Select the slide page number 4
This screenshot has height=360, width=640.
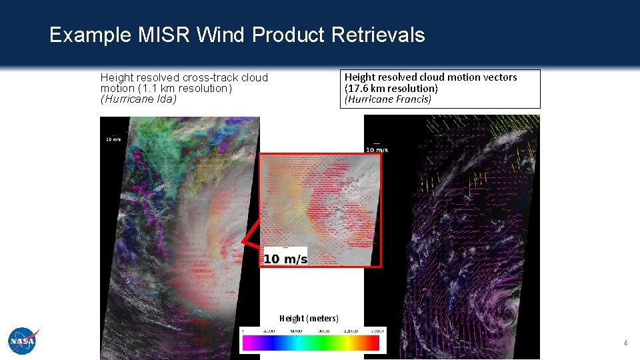pyautogui.click(x=625, y=343)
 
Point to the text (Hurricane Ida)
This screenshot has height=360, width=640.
pyautogui.click(x=138, y=99)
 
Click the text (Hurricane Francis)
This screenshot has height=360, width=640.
pyautogui.click(x=387, y=99)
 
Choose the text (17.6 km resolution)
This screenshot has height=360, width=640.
pyautogui.click(x=391, y=88)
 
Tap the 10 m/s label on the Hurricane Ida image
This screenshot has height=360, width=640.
pyautogui.click(x=113, y=139)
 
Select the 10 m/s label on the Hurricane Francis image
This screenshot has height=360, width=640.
pyautogui.click(x=377, y=149)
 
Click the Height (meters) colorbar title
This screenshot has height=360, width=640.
pyautogui.click(x=309, y=319)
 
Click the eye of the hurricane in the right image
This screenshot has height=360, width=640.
pyautogui.click(x=508, y=313)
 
